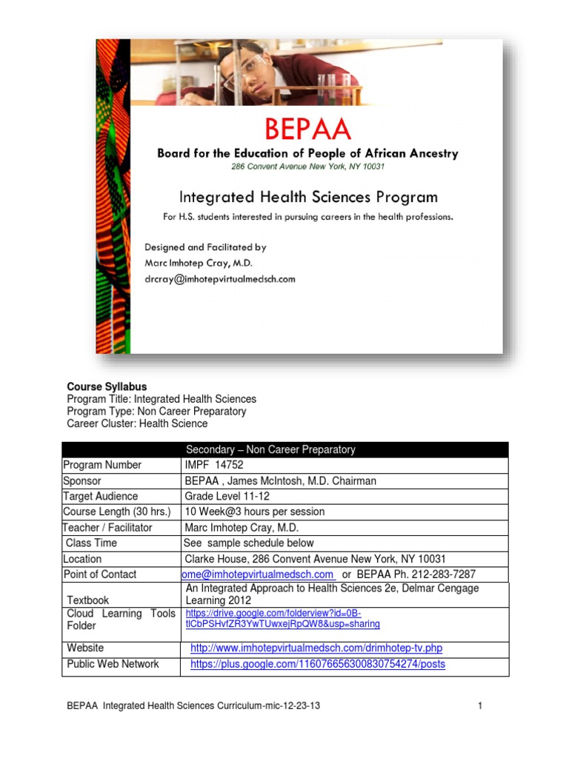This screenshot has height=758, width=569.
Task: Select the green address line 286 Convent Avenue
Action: click(x=307, y=167)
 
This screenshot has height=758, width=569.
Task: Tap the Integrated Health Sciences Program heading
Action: click(x=308, y=197)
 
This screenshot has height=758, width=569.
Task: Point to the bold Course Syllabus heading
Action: click(x=107, y=386)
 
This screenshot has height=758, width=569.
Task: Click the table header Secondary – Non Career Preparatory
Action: click(x=270, y=449)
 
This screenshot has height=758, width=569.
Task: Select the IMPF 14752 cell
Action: click(x=213, y=465)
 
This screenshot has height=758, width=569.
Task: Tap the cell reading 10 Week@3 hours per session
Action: click(x=255, y=512)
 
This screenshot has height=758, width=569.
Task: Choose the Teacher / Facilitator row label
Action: click(x=107, y=528)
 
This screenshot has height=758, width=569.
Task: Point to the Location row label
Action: click(x=82, y=559)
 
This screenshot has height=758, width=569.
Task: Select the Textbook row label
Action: click(x=88, y=600)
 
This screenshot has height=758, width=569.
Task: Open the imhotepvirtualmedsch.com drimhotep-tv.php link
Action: click(x=316, y=648)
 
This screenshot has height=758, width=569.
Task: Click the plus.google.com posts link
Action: click(x=318, y=664)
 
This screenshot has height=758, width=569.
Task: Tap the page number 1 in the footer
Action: click(x=480, y=706)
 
